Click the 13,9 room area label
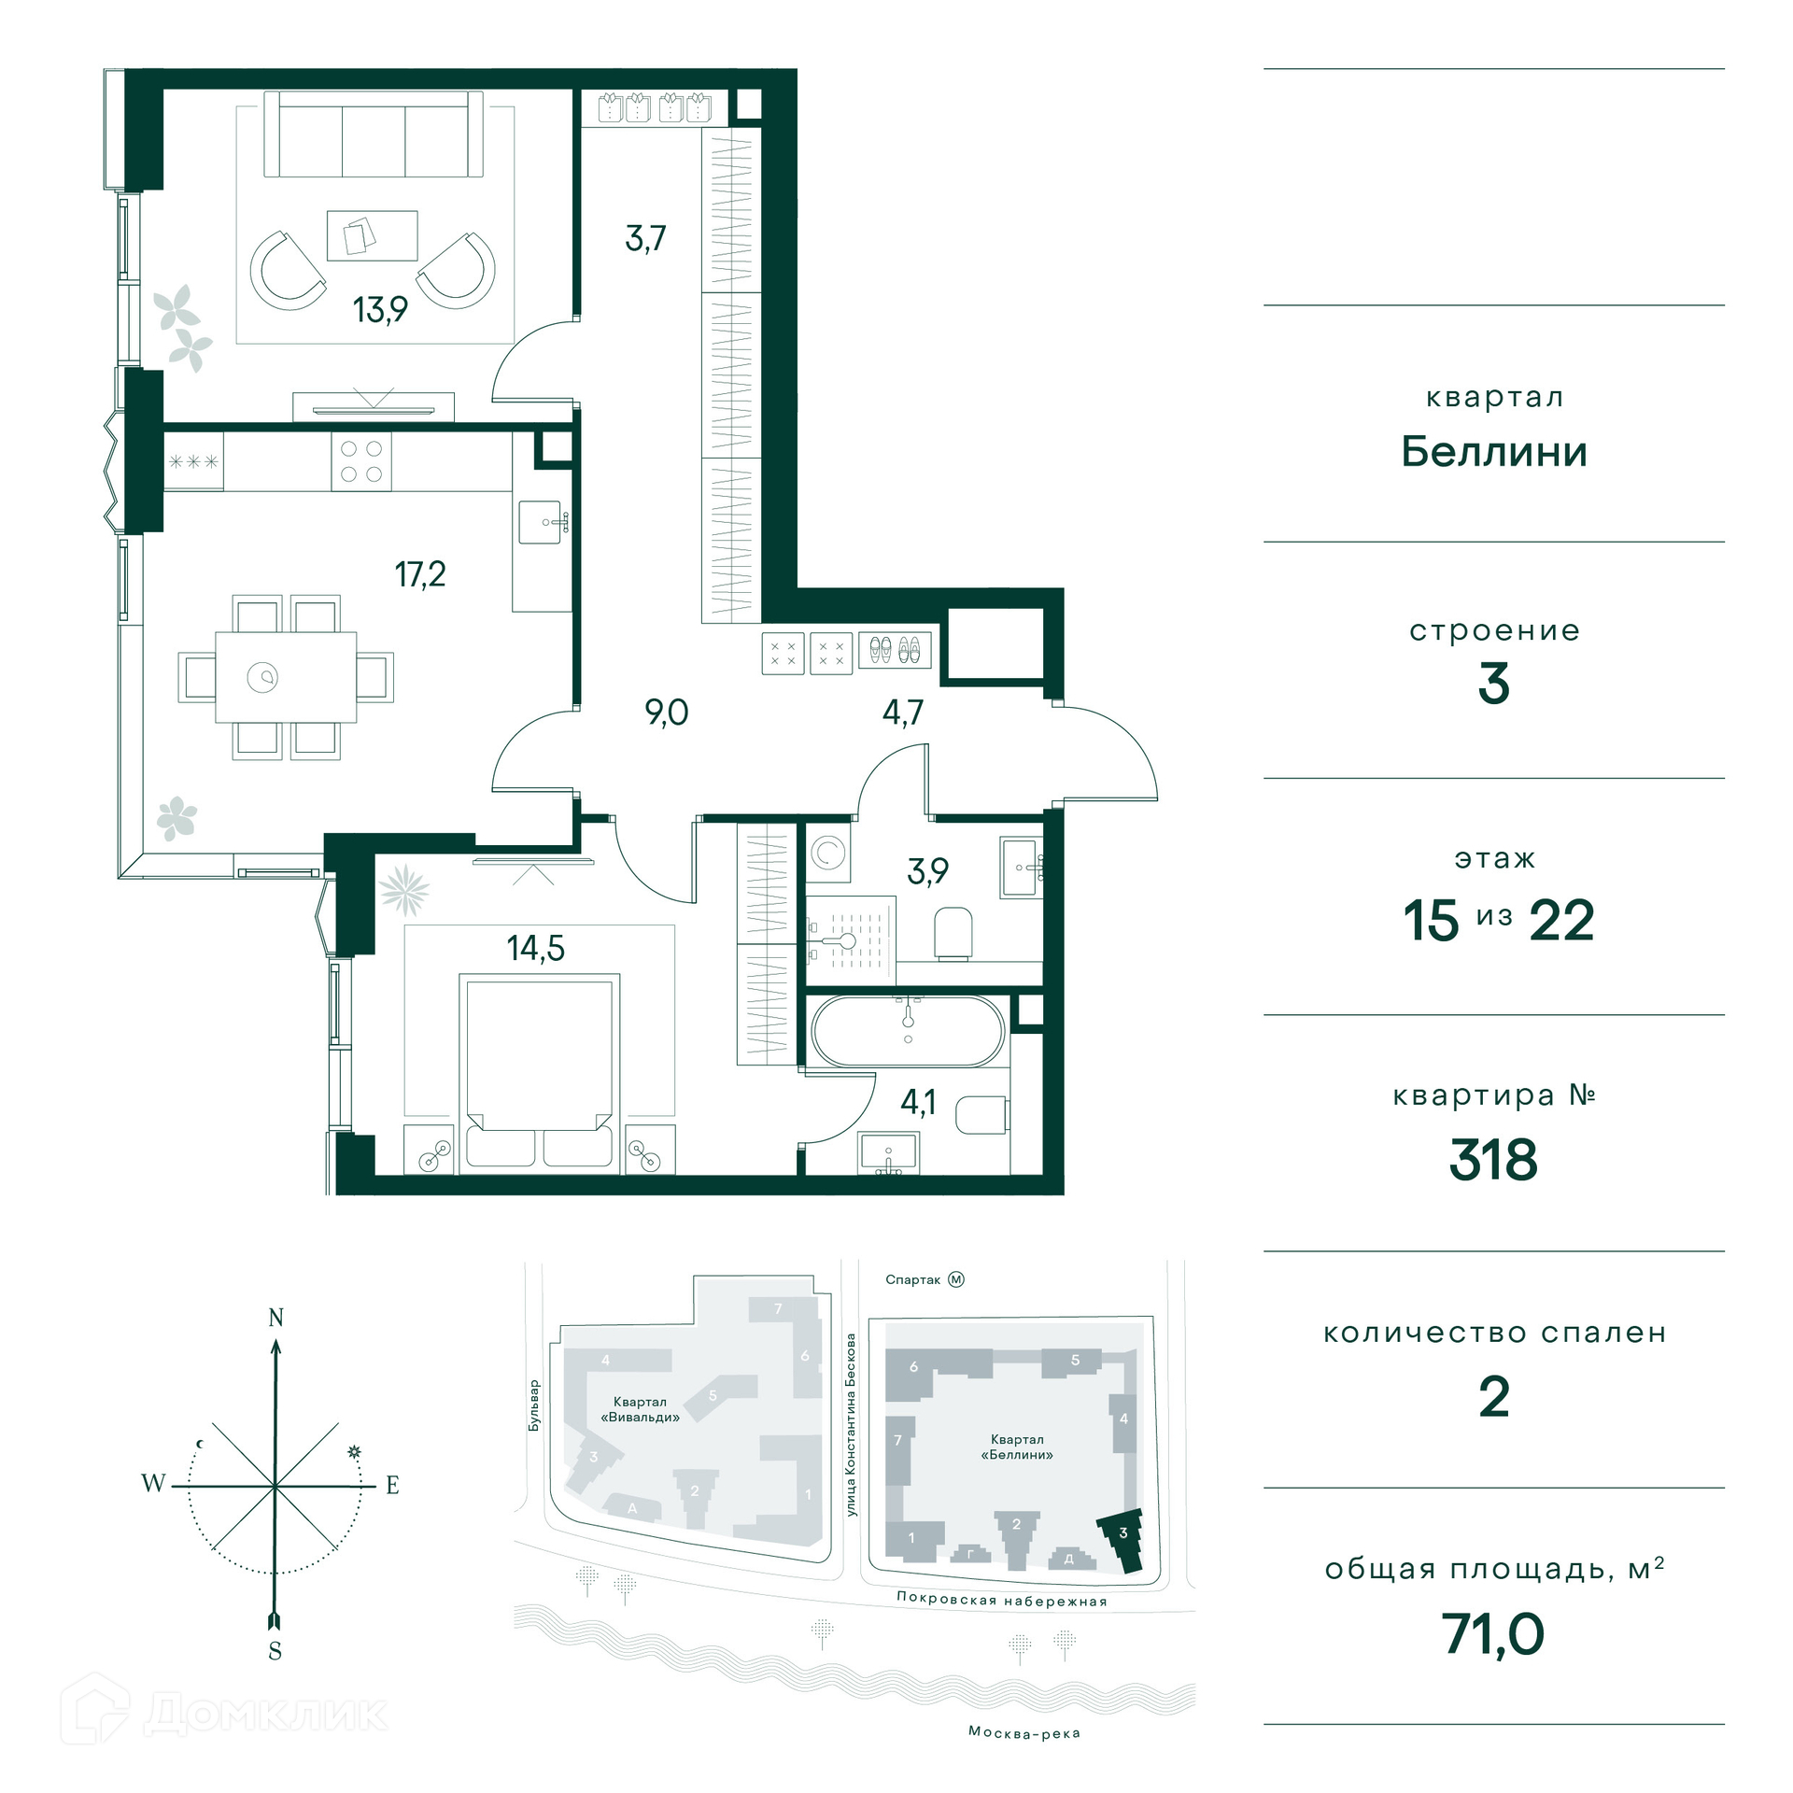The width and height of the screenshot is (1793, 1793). [x=380, y=309]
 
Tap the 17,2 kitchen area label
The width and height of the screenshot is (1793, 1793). [x=420, y=573]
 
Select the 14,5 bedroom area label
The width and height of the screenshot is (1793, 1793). [x=535, y=948]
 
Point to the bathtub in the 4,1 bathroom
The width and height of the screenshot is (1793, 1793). [x=908, y=1031]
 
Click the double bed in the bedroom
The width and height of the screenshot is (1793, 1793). [x=540, y=1070]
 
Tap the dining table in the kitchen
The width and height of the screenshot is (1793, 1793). [x=286, y=677]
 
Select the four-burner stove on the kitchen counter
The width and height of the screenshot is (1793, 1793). [x=361, y=461]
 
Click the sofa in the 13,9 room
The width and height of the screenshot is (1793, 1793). [x=374, y=134]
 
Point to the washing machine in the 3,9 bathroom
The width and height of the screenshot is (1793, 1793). [x=828, y=853]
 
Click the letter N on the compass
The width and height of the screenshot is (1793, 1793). [x=275, y=1318]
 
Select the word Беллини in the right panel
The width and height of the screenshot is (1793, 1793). [x=1494, y=452]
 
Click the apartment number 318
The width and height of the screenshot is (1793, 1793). [x=1493, y=1160]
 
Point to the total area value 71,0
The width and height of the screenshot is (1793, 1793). [x=1493, y=1634]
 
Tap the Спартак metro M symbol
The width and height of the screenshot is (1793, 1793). [x=955, y=1279]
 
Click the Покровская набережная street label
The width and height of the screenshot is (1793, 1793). [x=1002, y=1599]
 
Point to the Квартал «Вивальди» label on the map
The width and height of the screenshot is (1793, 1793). [x=641, y=1409]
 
